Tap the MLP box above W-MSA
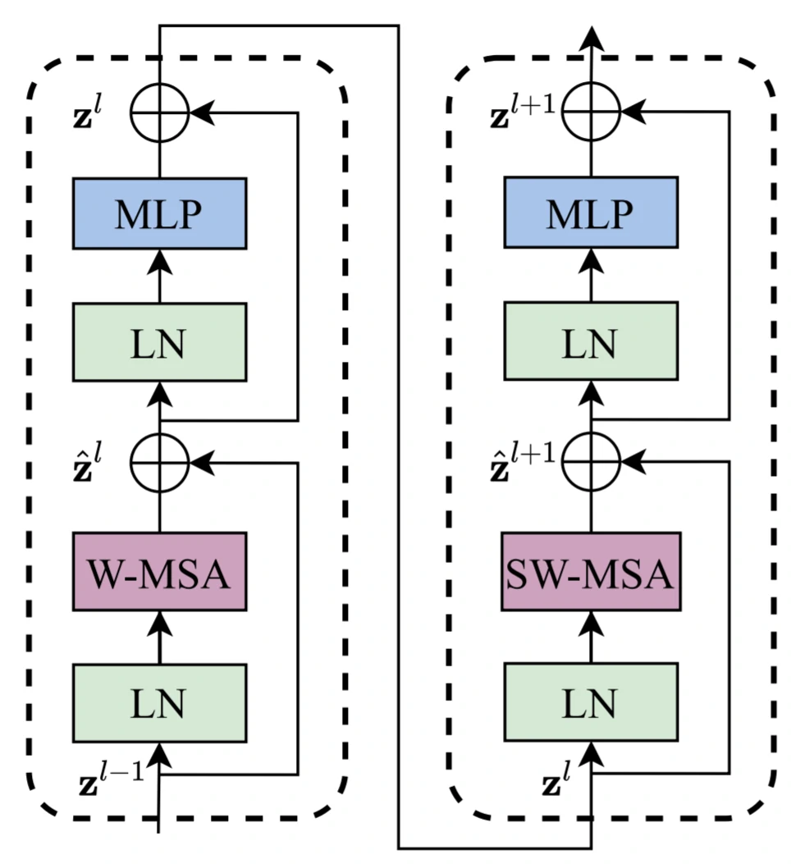tap(159, 213)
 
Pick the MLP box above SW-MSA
tap(591, 213)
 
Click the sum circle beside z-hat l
tap(159, 461)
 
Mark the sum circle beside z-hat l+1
tap(591, 461)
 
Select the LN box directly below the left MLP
tap(159, 341)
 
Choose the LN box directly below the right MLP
tap(591, 341)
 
